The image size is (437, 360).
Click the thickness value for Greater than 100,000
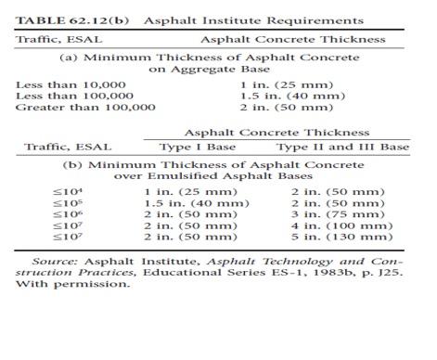point(269,109)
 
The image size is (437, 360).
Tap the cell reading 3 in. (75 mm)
point(329,213)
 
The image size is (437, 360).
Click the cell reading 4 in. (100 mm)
point(333,225)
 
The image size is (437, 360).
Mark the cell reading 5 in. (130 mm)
point(333,236)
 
